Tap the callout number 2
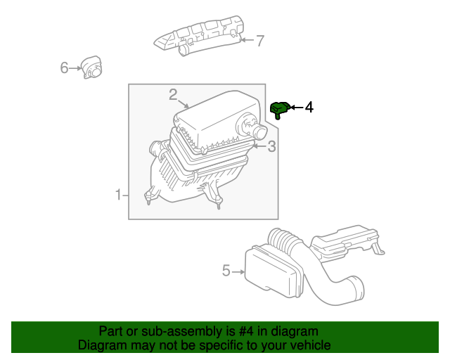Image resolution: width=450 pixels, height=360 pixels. (x=173, y=94)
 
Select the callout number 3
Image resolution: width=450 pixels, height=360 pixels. (x=271, y=146)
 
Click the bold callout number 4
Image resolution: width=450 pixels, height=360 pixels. (x=309, y=107)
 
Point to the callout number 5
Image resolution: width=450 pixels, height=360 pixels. (x=226, y=270)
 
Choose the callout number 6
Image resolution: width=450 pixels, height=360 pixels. (x=64, y=67)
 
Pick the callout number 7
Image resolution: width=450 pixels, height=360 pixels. (x=259, y=41)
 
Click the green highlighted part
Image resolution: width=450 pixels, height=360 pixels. (x=279, y=108)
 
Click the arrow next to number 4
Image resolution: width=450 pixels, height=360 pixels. (x=296, y=107)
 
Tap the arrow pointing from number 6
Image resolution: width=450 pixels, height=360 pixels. (x=76, y=68)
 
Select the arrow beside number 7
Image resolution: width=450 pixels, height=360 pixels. (x=247, y=41)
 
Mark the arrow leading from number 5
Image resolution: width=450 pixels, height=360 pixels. (x=238, y=271)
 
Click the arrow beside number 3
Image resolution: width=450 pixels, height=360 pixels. (x=258, y=146)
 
